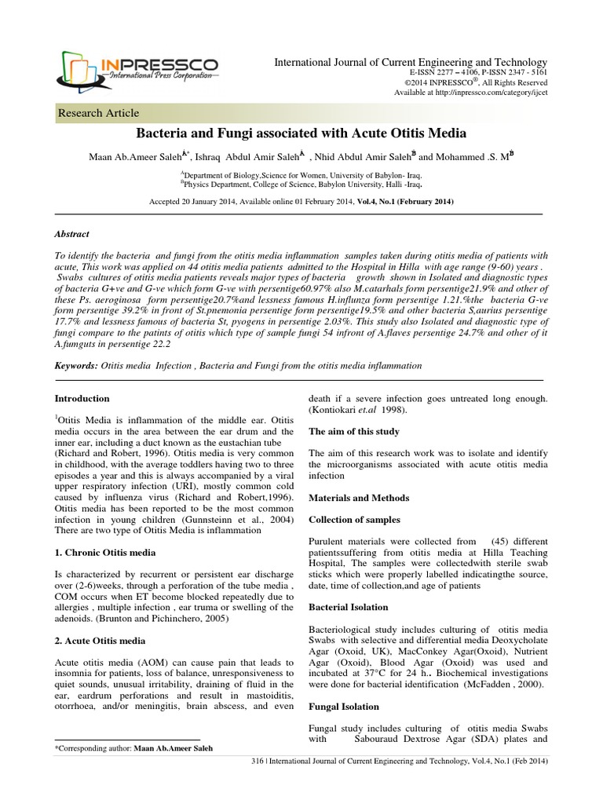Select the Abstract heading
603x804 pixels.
[71, 234]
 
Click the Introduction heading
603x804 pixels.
[82, 399]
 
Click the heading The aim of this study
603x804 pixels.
[353, 432]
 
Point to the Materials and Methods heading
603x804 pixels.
[357, 498]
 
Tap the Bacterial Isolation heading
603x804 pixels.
[348, 608]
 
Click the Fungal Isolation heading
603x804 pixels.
[343, 706]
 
